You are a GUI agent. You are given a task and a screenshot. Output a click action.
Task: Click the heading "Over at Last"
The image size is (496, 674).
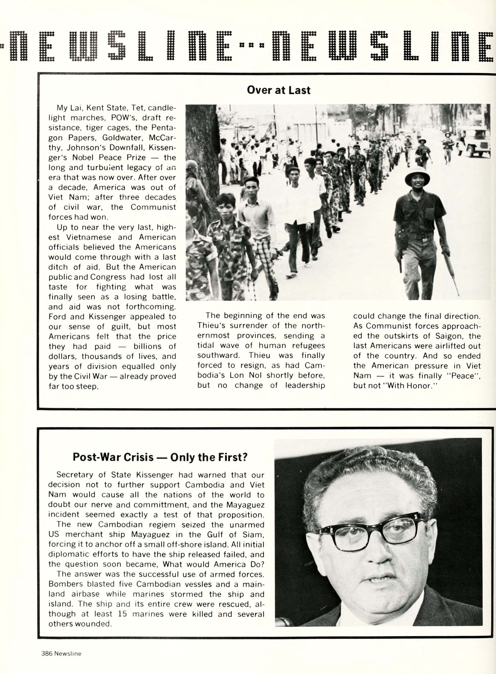pyautogui.click(x=278, y=90)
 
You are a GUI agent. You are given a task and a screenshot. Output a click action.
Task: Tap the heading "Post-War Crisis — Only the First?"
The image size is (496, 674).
pyautogui.click(x=160, y=457)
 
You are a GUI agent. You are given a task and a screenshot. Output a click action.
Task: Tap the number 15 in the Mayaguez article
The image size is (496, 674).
pyautogui.click(x=122, y=614)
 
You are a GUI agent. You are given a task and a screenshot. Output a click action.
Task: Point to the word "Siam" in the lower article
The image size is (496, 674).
pyautogui.click(x=254, y=535)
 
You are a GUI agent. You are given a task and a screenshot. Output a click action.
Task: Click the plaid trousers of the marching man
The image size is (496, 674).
pyautogui.click(x=265, y=264)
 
